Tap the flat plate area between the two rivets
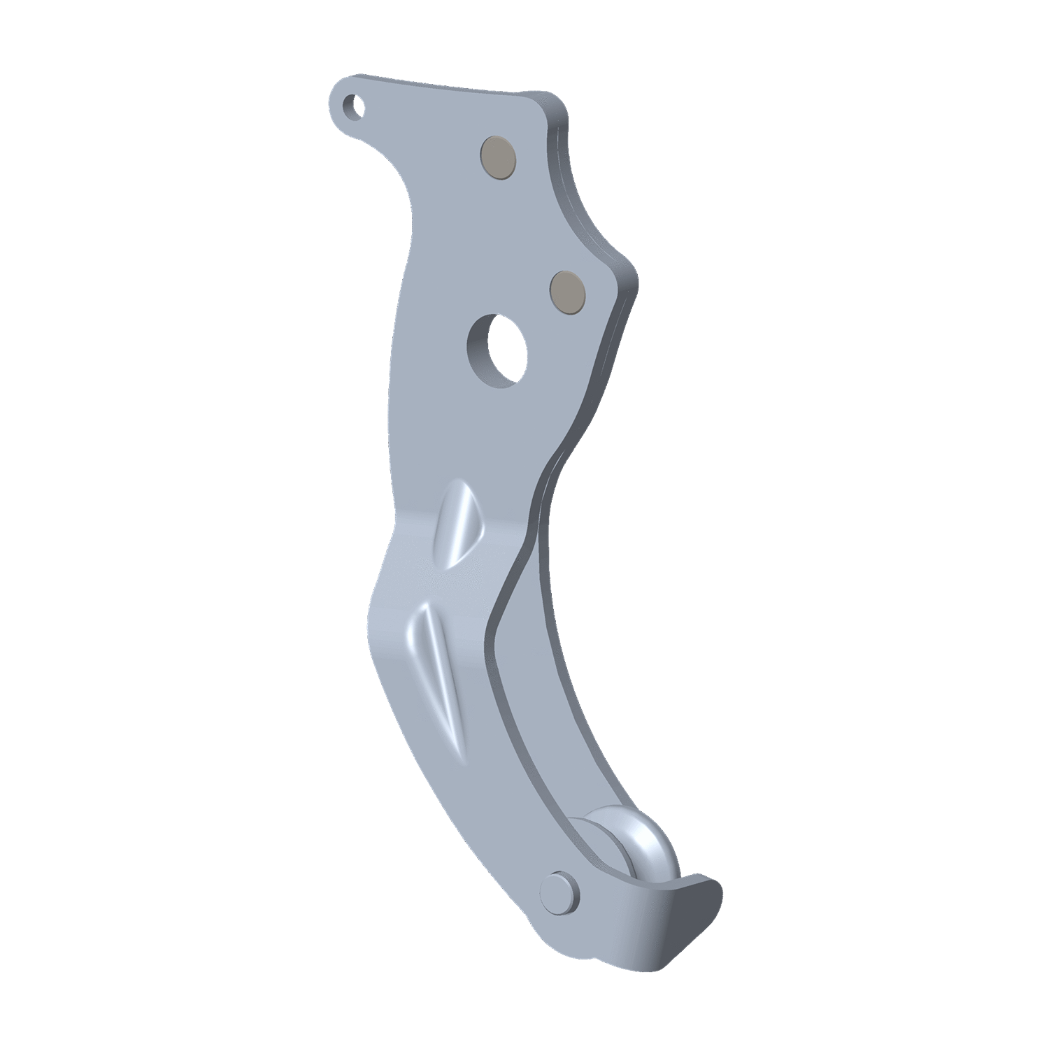coord(531,224)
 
